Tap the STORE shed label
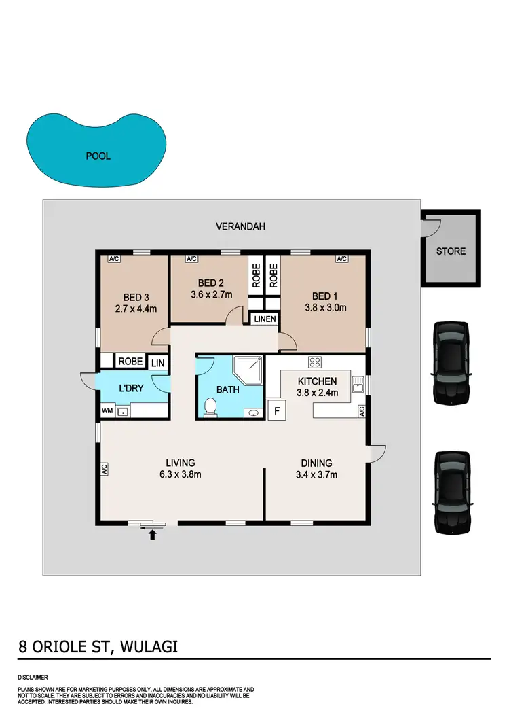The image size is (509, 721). pyautogui.click(x=451, y=251)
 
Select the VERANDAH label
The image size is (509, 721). pyautogui.click(x=240, y=226)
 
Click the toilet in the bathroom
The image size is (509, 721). pyautogui.click(x=210, y=406)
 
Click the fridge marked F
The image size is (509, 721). pyautogui.click(x=277, y=410)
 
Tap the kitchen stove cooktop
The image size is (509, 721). pyautogui.click(x=315, y=362)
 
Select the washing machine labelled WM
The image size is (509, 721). pyautogui.click(x=107, y=410)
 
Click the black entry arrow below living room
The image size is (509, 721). pyautogui.click(x=152, y=535)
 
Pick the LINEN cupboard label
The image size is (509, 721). pyautogui.click(x=264, y=319)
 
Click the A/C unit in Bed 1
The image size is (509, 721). pyautogui.click(x=341, y=259)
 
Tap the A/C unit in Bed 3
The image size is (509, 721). pyautogui.click(x=115, y=259)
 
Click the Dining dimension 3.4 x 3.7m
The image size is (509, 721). pyautogui.click(x=316, y=474)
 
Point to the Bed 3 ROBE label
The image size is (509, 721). pyautogui.click(x=130, y=362)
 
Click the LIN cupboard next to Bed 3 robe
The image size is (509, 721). pyautogui.click(x=157, y=364)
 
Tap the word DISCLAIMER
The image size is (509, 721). pyautogui.click(x=33, y=678)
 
